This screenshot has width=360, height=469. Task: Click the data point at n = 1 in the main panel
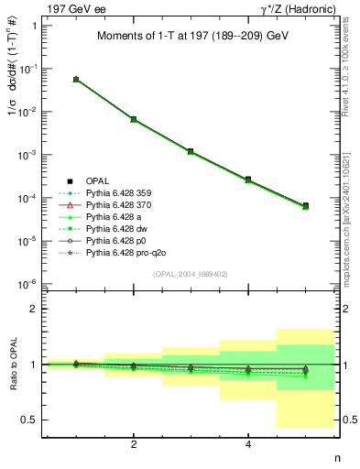[76, 80]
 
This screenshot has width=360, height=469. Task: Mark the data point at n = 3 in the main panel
[191, 151]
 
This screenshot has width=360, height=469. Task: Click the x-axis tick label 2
[134, 445]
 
